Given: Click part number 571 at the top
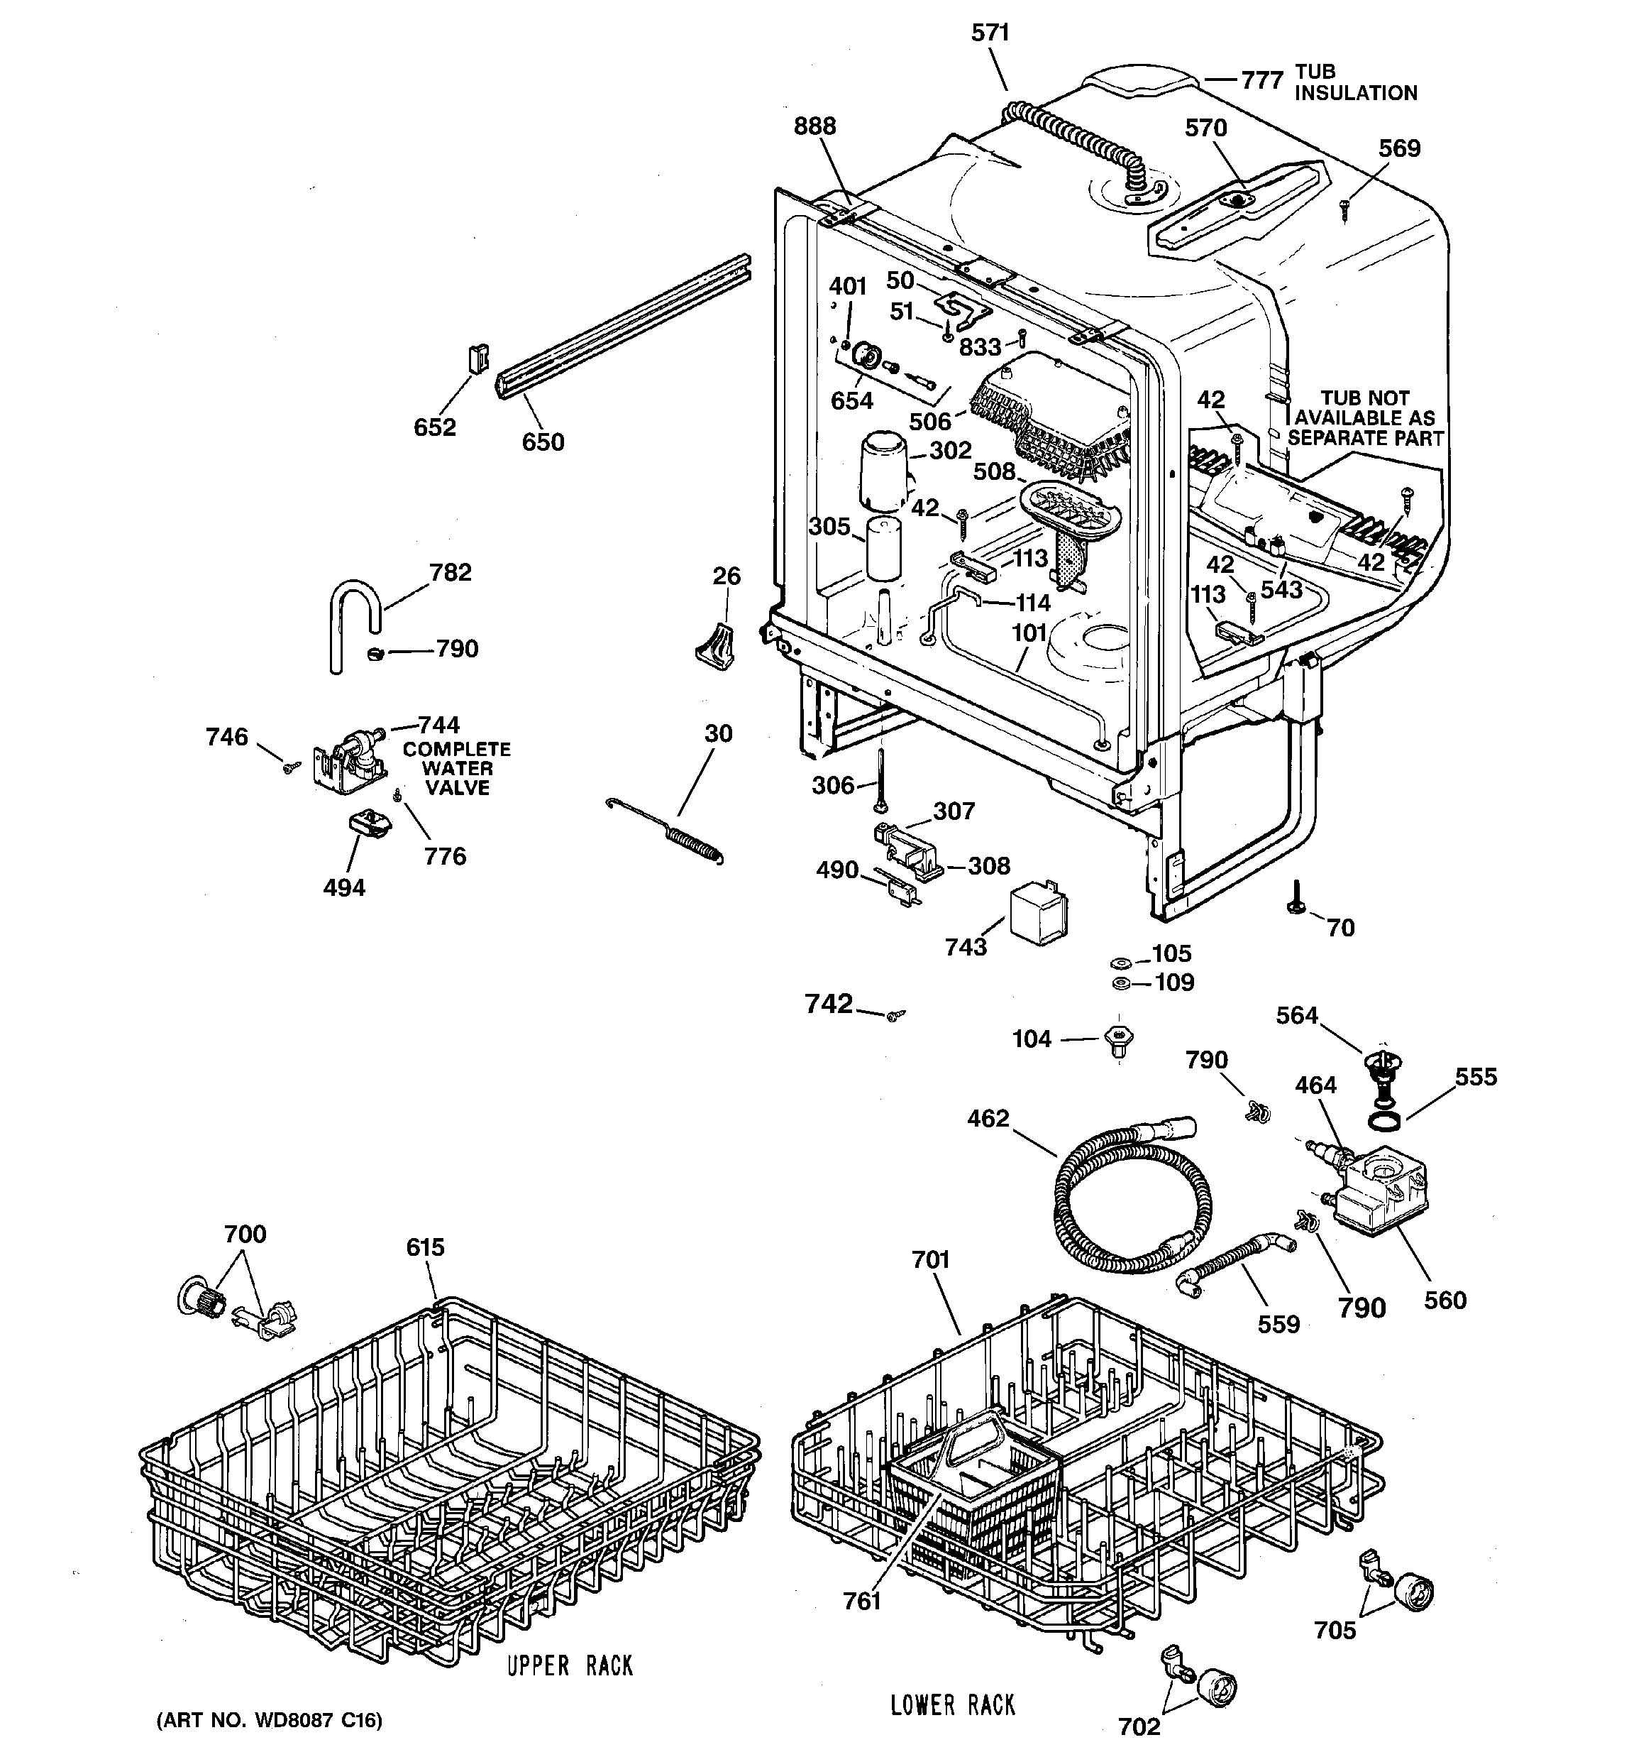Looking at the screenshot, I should point(990,33).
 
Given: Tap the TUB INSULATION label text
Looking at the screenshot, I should point(1354,82).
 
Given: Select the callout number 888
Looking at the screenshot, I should point(814,126).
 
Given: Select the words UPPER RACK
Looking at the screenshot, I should point(570,1666).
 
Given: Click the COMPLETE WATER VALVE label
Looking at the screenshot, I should point(457,768).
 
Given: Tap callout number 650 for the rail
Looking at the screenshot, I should point(543,442).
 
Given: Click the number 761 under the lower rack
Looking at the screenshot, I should point(861,1602).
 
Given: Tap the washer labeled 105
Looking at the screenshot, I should point(1119,960).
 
